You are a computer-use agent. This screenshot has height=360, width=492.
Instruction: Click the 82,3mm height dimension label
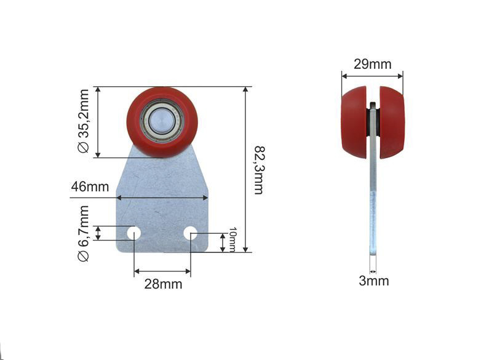(258, 170)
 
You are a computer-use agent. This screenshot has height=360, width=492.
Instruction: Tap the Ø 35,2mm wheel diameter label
(84, 121)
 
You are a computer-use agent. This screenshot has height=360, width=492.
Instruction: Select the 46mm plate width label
(90, 186)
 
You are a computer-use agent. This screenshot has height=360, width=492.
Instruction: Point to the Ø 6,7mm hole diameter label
(84, 233)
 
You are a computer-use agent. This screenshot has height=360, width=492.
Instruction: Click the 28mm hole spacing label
(163, 284)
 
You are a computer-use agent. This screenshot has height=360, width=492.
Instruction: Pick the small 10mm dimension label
(232, 239)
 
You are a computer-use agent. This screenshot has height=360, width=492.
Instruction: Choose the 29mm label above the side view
(373, 65)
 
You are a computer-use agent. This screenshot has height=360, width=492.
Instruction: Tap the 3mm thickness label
(374, 281)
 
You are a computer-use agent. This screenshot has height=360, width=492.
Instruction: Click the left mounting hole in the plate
(133, 233)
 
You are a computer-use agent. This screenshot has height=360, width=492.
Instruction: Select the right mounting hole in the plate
(191, 233)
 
